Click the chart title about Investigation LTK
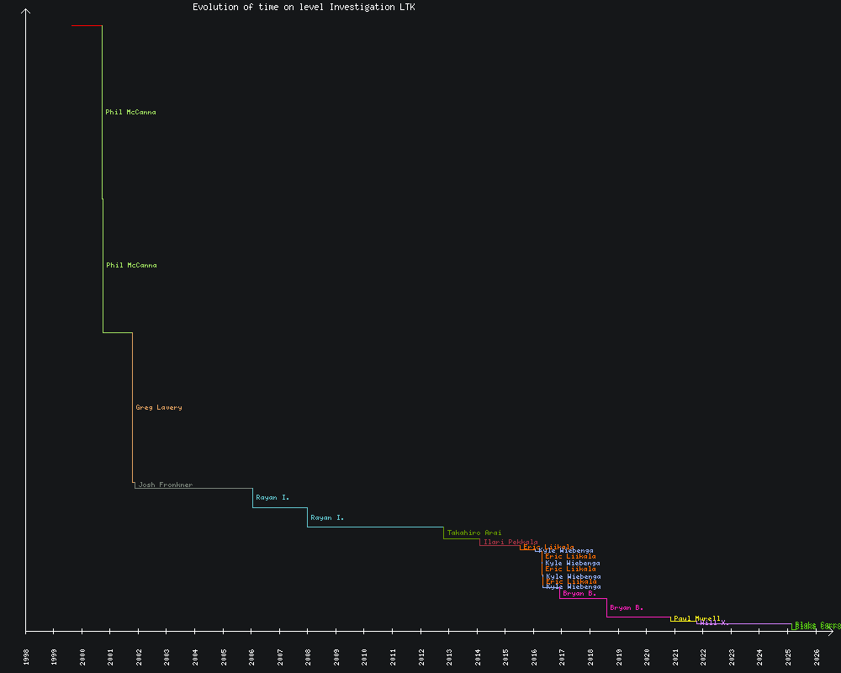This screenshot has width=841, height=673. [304, 8]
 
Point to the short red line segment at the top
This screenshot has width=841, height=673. [87, 26]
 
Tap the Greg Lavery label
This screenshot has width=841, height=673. [158, 408]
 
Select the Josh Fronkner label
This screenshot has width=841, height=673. [166, 485]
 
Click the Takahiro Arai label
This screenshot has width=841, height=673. [474, 533]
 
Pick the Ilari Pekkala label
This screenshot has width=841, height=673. [510, 543]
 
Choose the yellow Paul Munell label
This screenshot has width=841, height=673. [696, 618]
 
